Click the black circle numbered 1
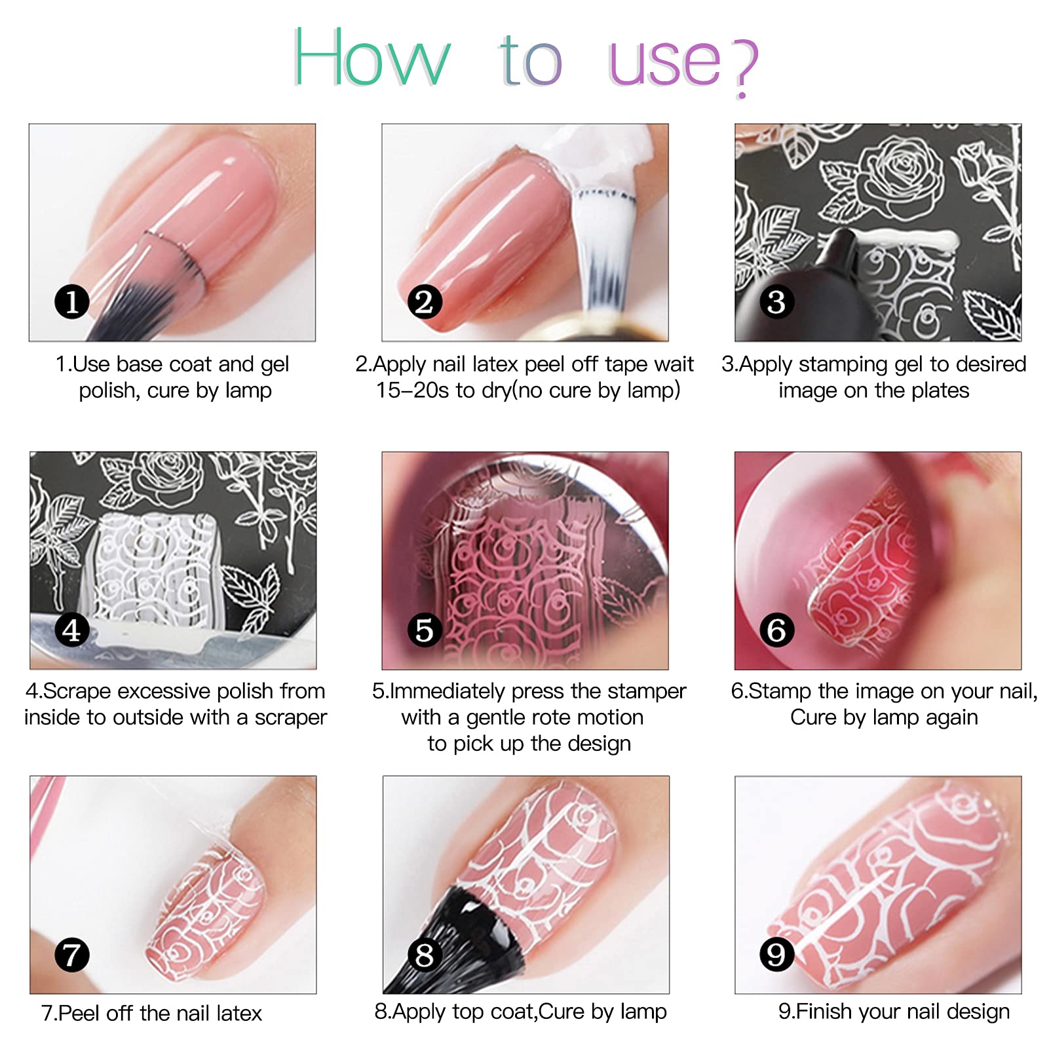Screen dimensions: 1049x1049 point(71,301)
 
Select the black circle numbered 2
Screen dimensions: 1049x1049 point(425,301)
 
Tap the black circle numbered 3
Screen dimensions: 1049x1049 point(776,301)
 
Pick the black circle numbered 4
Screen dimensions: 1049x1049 point(71,630)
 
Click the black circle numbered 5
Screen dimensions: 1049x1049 point(425,630)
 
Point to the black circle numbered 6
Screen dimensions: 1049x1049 point(776,630)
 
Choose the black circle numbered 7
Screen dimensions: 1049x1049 point(71,955)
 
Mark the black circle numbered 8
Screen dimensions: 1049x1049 point(425,955)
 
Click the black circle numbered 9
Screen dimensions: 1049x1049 point(776,955)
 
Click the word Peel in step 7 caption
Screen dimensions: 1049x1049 point(79,1013)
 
